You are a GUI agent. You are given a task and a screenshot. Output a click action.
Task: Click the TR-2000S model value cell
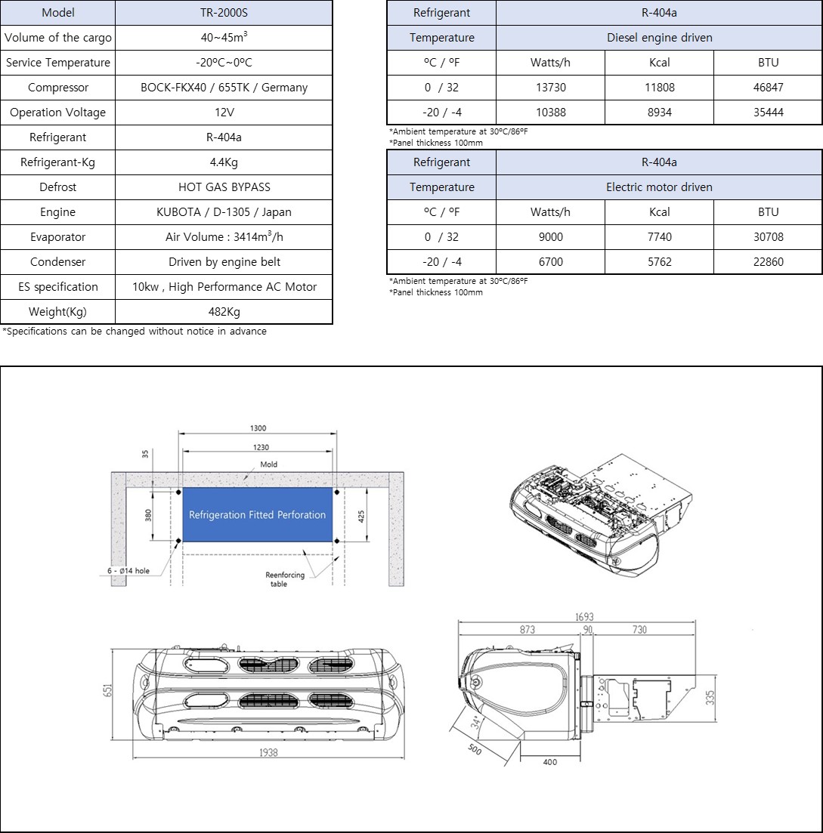pos(224,13)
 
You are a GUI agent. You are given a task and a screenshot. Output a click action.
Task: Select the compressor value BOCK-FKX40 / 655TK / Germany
pos(224,88)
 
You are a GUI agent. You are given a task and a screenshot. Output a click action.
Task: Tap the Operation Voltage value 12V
pos(224,113)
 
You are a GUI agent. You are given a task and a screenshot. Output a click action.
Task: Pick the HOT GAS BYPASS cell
pos(224,187)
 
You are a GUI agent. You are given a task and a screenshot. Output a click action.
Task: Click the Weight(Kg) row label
pos(58,312)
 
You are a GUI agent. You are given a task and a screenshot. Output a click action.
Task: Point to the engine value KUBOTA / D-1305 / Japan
pos(224,212)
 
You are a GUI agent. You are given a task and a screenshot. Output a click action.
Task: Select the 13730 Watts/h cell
pos(550,88)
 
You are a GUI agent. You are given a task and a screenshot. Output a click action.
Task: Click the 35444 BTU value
pos(768,113)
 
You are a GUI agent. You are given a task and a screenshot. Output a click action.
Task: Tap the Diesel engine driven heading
pos(659,38)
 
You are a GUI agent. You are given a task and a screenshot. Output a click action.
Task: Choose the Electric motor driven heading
pos(659,187)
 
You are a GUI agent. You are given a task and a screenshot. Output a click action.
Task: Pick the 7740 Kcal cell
pos(659,237)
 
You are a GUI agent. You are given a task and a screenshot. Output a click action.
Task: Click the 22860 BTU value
pos(768,262)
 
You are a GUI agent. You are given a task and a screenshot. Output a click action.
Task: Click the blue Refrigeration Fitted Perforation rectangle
pos(257,514)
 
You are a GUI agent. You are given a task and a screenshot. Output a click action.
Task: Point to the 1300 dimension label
pos(258,428)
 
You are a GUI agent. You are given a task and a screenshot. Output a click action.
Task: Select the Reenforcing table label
pos(285,579)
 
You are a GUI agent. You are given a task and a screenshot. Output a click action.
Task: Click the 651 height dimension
pos(109,692)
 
